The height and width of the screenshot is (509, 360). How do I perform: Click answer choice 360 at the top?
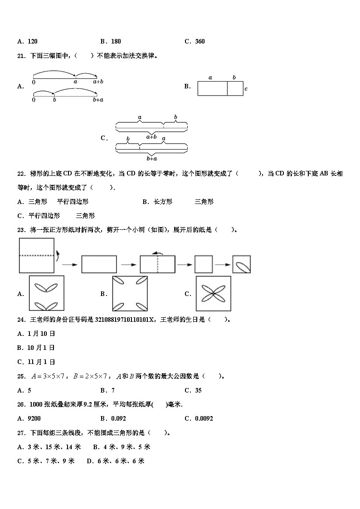click(x=199, y=41)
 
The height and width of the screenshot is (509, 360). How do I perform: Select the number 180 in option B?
click(x=116, y=41)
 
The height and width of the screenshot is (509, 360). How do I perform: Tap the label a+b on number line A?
click(x=98, y=82)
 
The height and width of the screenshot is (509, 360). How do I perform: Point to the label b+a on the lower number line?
click(x=98, y=100)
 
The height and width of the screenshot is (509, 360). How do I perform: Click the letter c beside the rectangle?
click(x=246, y=89)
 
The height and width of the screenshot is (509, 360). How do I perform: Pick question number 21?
click(x=21, y=56)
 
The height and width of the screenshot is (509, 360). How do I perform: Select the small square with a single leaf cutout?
click(x=241, y=264)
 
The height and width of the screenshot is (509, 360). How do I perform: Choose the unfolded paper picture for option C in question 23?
click(x=214, y=294)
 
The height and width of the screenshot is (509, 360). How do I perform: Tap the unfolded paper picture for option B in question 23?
click(x=130, y=294)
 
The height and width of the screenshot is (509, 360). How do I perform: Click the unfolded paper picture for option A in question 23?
click(x=46, y=294)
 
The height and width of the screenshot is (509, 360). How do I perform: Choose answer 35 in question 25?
click(x=198, y=390)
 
